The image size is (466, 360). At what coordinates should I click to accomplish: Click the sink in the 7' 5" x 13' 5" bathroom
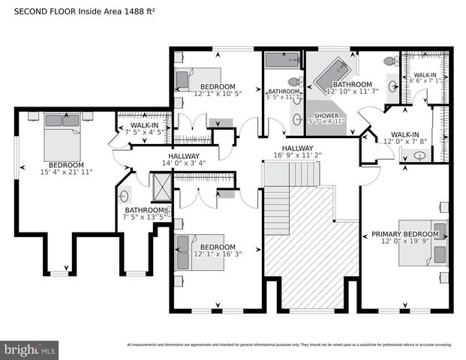(x=124, y=196)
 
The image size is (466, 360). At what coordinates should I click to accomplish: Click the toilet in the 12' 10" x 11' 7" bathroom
(x=389, y=61)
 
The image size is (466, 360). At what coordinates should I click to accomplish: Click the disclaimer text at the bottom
(x=288, y=345)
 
